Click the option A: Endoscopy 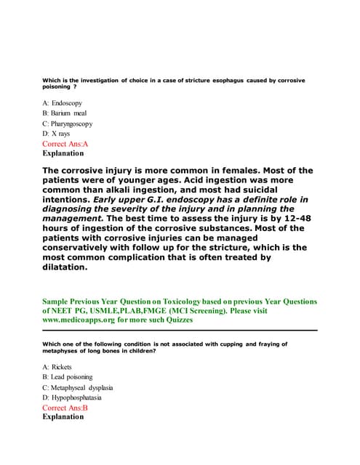pyautogui.click(x=62, y=104)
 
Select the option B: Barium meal pyautogui.click(x=65, y=114)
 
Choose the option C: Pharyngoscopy pyautogui.click(x=68, y=124)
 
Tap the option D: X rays pyautogui.click(x=56, y=134)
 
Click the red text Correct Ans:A pyautogui.click(x=65, y=144)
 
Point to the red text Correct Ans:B pyautogui.click(x=65, y=408)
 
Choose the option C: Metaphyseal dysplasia pyautogui.click(x=77, y=388)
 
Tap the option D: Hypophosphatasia pyautogui.click(x=72, y=398)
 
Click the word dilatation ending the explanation pyautogui.click(x=65, y=267)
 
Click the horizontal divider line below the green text pyautogui.click(x=180, y=331)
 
